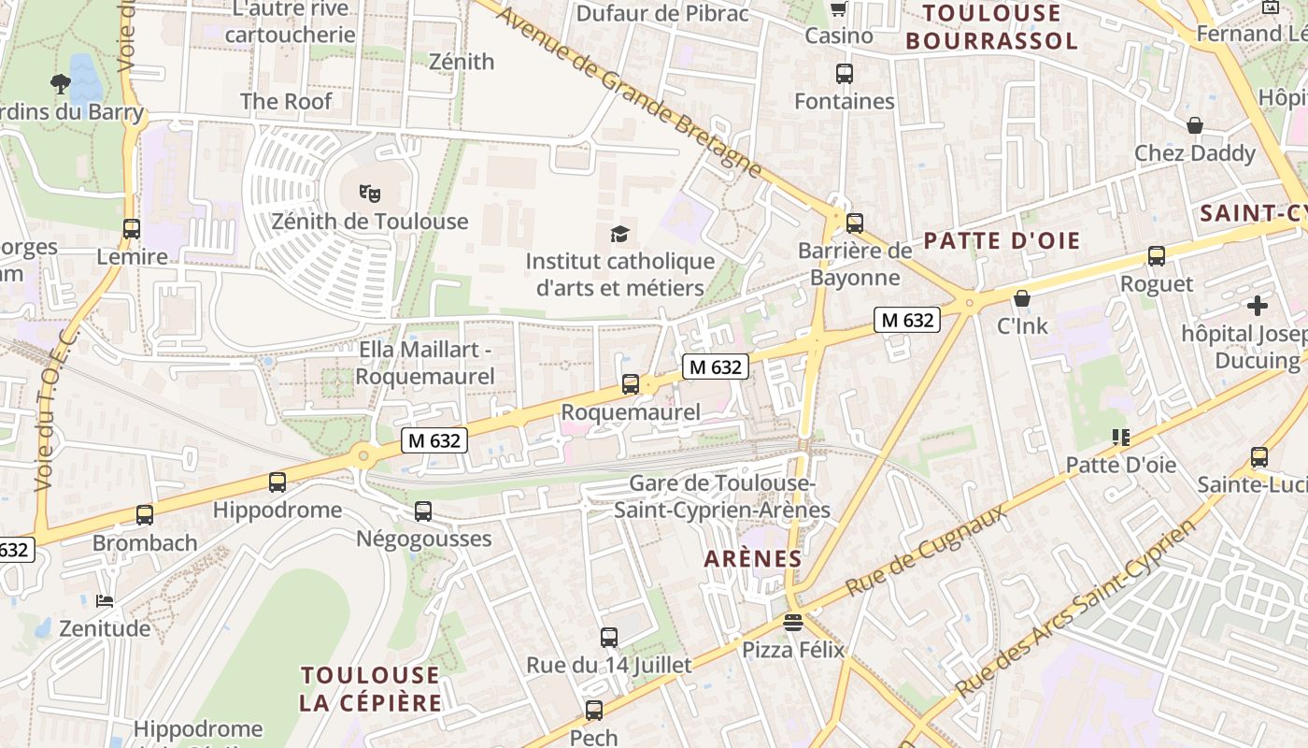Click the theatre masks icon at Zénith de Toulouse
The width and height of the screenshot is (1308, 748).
(x=370, y=194)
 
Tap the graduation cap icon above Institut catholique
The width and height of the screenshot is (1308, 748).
(x=619, y=234)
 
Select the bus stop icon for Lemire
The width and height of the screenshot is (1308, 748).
(x=132, y=228)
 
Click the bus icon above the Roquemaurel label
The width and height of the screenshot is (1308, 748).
(x=631, y=383)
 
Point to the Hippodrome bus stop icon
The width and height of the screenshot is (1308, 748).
(x=277, y=482)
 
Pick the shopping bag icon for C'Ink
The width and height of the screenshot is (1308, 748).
(x=1022, y=298)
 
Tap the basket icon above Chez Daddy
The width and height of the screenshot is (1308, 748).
(x=1194, y=125)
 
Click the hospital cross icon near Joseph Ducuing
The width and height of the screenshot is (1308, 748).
(x=1258, y=305)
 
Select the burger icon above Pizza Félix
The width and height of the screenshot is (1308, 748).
(x=793, y=622)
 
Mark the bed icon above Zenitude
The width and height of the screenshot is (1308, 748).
(x=105, y=600)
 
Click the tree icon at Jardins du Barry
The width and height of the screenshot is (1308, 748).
(x=61, y=84)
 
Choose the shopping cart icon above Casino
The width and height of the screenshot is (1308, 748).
(x=838, y=9)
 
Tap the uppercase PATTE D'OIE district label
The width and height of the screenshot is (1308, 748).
(x=1002, y=241)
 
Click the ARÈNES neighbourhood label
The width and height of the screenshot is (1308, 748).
(x=752, y=559)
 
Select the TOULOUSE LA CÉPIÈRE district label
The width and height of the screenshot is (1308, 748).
(x=370, y=689)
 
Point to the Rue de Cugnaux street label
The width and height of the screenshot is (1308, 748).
(x=927, y=551)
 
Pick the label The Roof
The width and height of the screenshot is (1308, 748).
(x=286, y=101)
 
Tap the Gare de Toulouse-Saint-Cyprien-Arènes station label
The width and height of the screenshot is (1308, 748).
(x=722, y=496)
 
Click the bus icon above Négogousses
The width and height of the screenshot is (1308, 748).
(x=423, y=511)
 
